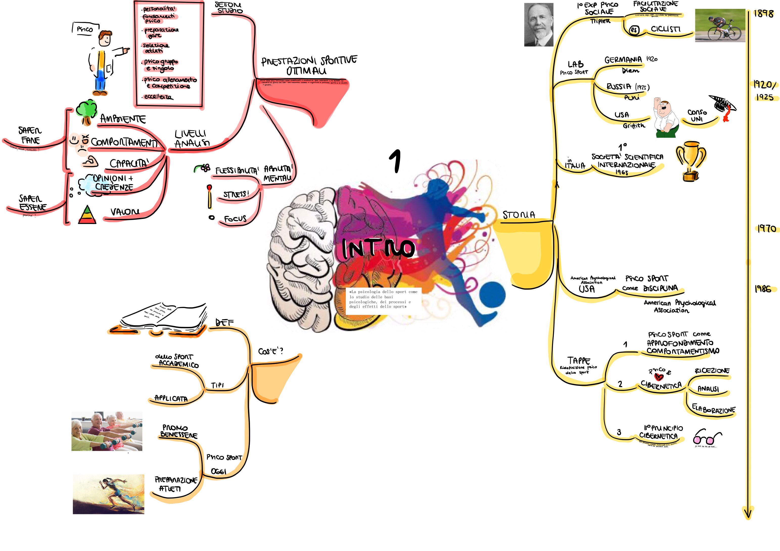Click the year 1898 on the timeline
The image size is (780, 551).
tap(763, 14)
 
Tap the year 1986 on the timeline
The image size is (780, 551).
tap(763, 289)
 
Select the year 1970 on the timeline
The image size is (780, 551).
tap(766, 229)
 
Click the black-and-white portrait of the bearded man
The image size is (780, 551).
tap(539, 25)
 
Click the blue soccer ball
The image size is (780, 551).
tap(493, 294)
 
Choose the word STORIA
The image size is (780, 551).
tap(519, 215)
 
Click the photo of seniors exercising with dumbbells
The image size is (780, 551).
tap(107, 431)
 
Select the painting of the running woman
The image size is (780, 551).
tap(108, 494)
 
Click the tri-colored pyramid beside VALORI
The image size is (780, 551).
tap(87, 215)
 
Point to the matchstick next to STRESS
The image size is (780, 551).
tap(210, 196)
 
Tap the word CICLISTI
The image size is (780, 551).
tap(666, 29)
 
